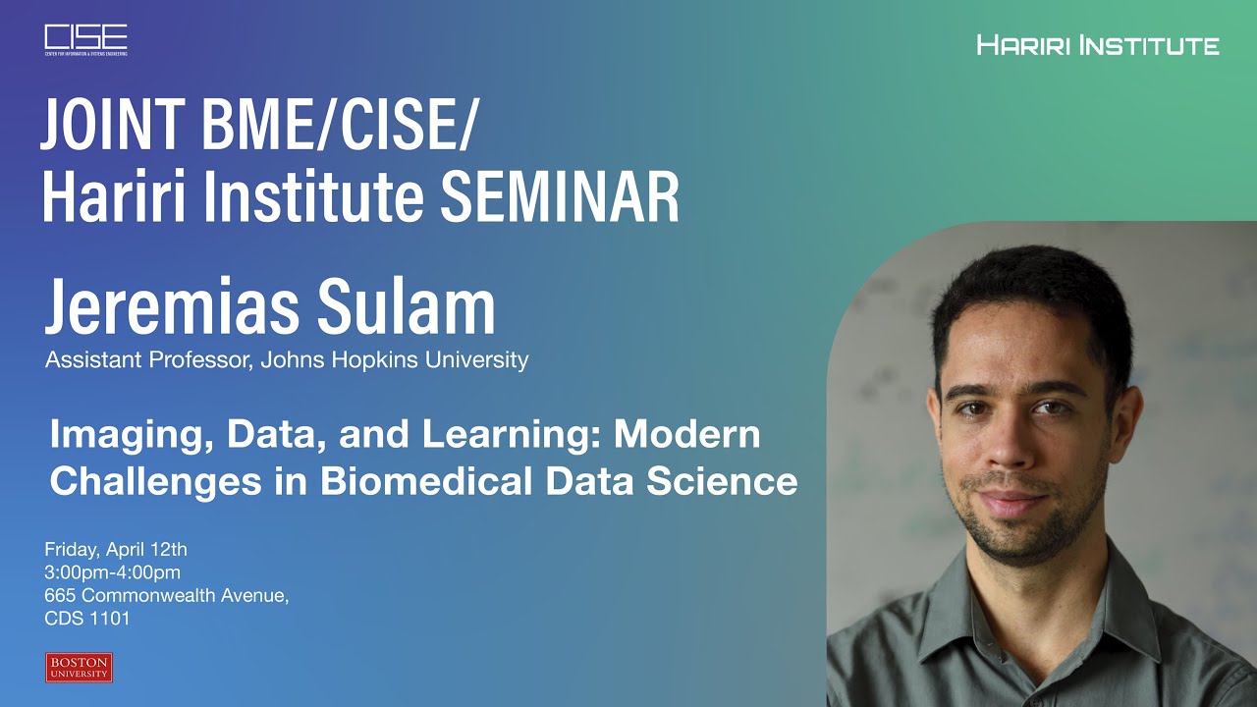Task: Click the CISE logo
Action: [85, 39]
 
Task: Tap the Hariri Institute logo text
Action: [1098, 45]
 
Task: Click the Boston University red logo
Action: [79, 668]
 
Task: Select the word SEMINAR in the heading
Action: [560, 196]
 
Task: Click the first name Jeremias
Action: [157, 307]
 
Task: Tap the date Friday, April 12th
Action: [116, 549]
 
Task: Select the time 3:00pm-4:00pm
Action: [113, 572]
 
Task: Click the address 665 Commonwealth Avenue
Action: [166, 596]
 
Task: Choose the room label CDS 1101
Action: [87, 619]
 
